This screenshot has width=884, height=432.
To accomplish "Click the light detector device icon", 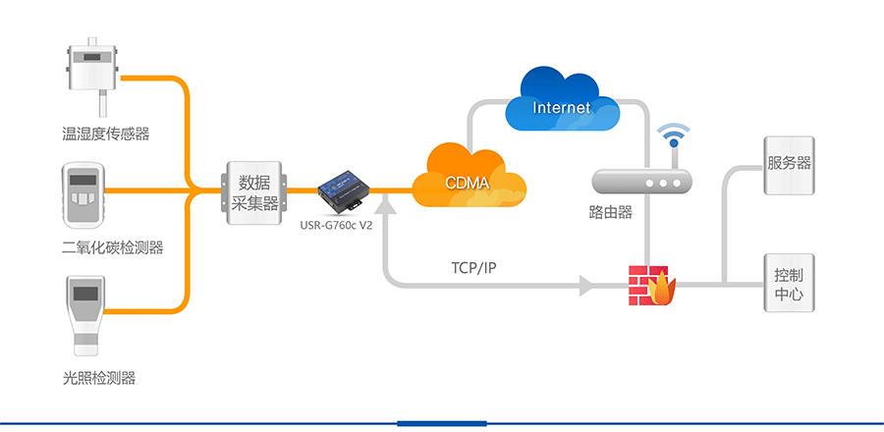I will point(87,312).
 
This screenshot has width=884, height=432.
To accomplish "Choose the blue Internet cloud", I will point(562,103).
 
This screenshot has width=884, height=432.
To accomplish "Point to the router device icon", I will point(642,182).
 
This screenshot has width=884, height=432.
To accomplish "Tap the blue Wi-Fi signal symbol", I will point(674,135).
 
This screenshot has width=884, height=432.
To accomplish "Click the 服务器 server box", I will point(790,164).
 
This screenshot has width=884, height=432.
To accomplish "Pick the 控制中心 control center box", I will point(789,285).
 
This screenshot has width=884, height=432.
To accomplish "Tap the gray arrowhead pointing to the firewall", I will point(587,286).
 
